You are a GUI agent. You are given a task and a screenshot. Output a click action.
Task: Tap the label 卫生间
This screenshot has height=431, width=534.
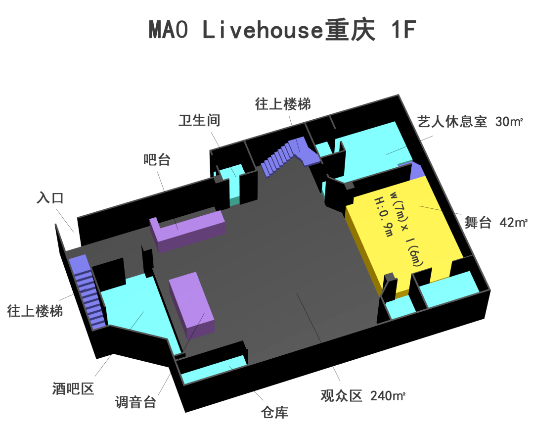pyautogui.click(x=199, y=120)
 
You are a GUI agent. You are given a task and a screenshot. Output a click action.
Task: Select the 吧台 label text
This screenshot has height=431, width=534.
pyautogui.click(x=157, y=160)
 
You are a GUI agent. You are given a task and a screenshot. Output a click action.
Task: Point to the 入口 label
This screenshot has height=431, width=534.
pyautogui.click(x=50, y=198)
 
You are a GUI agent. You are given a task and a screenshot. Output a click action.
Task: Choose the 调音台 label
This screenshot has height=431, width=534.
pyautogui.click(x=136, y=402)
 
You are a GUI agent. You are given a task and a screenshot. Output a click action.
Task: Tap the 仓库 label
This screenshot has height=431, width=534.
pyautogui.click(x=274, y=412)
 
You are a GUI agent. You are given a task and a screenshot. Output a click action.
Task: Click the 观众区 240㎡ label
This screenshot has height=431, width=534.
pyautogui.click(x=363, y=395)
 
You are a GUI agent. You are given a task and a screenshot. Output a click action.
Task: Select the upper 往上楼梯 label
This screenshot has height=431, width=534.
pyautogui.click(x=283, y=104)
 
